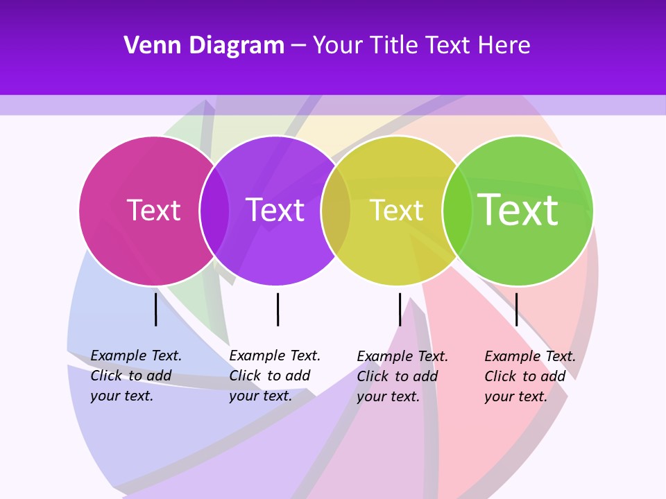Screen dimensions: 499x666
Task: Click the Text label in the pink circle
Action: (153, 210)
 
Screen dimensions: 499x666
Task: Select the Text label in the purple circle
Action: (275, 210)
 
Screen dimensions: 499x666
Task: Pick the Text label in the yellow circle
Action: (396, 211)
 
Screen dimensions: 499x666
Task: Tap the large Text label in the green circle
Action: (518, 209)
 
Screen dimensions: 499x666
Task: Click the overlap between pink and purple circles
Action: (214, 211)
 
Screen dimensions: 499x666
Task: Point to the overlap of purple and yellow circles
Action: (336, 211)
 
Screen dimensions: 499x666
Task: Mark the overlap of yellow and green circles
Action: (457, 211)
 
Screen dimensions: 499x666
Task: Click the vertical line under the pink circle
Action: (156, 309)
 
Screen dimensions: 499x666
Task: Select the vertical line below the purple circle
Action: (277, 309)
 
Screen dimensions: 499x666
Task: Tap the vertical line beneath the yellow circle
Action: (400, 309)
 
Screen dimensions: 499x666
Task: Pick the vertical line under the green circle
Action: (516, 309)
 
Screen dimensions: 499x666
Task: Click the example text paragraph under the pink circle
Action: (136, 376)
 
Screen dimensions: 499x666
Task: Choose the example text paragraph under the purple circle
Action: (275, 376)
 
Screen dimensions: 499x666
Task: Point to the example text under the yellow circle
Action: (402, 376)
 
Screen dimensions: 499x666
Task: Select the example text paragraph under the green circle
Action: (530, 376)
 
